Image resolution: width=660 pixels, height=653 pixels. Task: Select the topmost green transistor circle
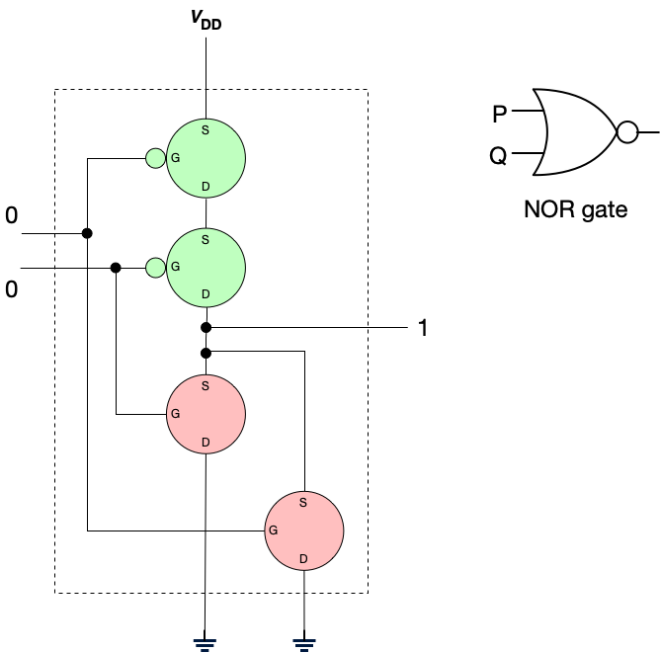[x=206, y=158]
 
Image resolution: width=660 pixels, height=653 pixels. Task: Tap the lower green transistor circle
[x=206, y=267]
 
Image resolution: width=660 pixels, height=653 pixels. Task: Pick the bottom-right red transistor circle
[x=303, y=531]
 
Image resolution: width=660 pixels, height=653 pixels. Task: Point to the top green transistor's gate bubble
[x=155, y=158]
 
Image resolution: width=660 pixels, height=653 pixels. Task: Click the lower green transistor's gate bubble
[x=155, y=267]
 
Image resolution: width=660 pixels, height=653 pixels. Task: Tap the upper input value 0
[x=12, y=214]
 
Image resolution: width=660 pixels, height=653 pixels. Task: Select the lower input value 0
[x=12, y=289]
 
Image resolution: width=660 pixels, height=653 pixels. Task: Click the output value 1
[x=423, y=329]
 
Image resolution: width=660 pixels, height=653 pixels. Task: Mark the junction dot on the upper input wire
[x=87, y=233]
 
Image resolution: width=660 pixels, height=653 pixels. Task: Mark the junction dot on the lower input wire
[x=117, y=268]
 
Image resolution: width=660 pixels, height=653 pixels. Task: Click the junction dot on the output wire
[x=206, y=327]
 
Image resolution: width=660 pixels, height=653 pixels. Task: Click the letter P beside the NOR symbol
[x=501, y=115]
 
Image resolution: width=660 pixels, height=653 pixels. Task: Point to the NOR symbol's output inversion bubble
[x=626, y=131]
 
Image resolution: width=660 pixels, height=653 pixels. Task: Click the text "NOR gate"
[x=577, y=209]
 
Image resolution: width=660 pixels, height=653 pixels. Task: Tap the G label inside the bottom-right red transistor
[x=273, y=531]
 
